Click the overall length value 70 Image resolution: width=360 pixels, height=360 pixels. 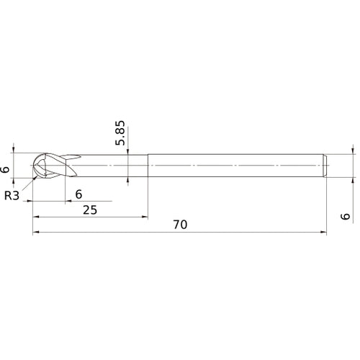click(x=180, y=225)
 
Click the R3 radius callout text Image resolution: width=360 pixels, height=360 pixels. click(x=13, y=195)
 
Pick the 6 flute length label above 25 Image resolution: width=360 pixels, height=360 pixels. click(x=78, y=193)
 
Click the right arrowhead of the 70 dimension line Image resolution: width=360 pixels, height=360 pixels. click(x=323, y=233)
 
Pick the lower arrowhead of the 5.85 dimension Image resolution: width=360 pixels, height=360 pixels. click(x=128, y=180)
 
